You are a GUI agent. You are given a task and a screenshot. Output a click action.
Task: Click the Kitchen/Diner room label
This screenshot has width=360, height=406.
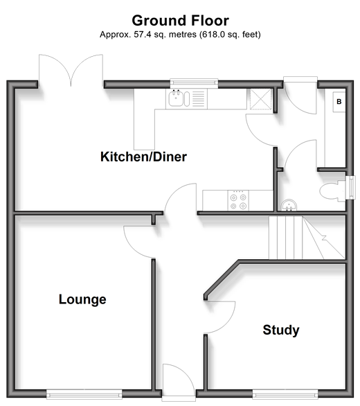pyautogui.click(x=143, y=157)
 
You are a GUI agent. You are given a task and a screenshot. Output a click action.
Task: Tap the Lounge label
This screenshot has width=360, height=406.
pyautogui.click(x=82, y=299)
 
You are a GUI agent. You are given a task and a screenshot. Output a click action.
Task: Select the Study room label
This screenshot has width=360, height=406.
pyautogui.click(x=281, y=330)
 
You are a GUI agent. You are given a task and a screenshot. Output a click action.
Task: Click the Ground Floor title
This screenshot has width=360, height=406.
pyautogui.click(x=181, y=21)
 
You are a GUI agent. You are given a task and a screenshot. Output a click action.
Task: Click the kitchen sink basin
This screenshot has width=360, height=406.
pyautogui.click(x=176, y=98)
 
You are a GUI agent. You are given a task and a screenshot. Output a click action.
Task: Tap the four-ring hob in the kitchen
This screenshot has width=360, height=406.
pyautogui.click(x=238, y=200)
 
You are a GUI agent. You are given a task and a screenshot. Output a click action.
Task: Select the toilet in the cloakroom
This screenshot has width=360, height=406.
pyautogui.click(x=332, y=191)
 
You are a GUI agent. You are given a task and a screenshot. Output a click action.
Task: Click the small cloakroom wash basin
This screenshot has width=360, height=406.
pyautogui.click(x=289, y=205)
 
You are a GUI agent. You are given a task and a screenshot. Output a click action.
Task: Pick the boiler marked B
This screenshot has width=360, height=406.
pyautogui.click(x=339, y=102)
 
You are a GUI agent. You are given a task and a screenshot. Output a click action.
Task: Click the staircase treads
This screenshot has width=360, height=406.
pyautogui.click(x=307, y=238)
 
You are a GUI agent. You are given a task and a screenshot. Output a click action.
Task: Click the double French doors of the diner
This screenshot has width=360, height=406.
pyautogui.click(x=71, y=71)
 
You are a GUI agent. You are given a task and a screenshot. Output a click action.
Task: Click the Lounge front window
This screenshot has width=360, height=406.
pyautogui.click(x=84, y=395)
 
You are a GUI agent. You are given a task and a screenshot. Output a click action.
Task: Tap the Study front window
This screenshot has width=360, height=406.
pyautogui.click(x=285, y=394)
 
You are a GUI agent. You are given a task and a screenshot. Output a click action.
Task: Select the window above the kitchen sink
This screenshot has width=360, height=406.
pyautogui.click(x=194, y=83)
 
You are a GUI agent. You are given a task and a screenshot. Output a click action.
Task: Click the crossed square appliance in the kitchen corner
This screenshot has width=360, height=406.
pyautogui.click(x=261, y=99)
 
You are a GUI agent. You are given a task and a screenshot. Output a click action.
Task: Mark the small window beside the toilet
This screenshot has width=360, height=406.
pyautogui.click(x=350, y=188)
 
